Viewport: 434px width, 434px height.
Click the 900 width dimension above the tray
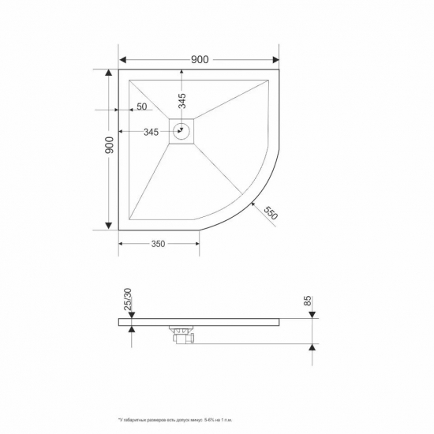point(199,59)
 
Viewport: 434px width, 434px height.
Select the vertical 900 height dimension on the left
point(110,145)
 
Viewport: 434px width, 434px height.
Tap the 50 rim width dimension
point(141,107)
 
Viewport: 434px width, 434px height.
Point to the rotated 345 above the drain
point(181,101)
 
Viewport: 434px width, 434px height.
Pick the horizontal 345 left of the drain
point(153,132)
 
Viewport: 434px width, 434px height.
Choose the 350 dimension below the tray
point(158,244)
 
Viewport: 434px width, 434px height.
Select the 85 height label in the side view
point(308,301)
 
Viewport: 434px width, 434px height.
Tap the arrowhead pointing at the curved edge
point(253,204)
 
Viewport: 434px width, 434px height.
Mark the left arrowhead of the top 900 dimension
point(123,60)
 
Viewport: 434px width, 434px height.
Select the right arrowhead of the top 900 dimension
point(275,60)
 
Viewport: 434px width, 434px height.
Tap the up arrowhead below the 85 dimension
point(313,348)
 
